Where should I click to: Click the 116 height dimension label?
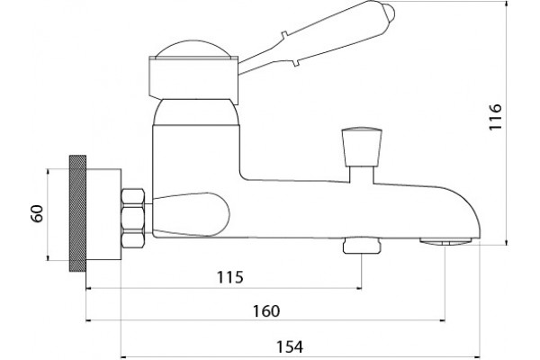496,117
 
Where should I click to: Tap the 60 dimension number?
37,213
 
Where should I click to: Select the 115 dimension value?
230,277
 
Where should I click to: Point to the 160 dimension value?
266,311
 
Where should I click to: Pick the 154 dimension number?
290,346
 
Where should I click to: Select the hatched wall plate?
77,213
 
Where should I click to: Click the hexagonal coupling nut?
132,218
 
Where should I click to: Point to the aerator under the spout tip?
445,241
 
